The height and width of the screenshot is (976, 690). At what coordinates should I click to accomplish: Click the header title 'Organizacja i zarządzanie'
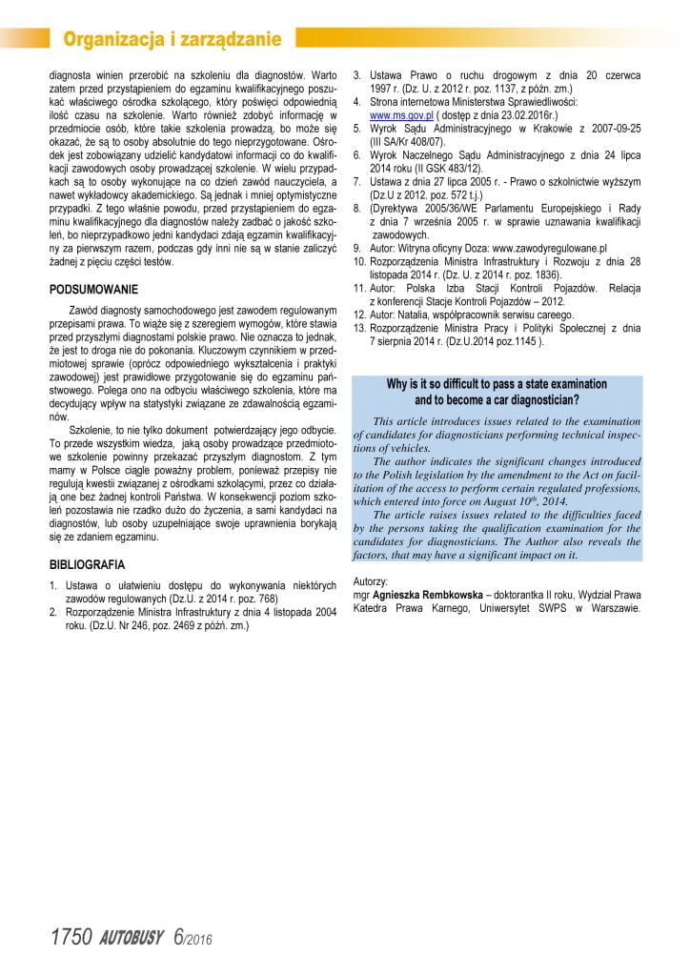coord(172,38)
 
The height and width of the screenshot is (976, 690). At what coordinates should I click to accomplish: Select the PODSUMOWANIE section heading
coord(93,289)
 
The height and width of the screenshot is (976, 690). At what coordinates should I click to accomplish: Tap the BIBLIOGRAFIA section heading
coord(88,565)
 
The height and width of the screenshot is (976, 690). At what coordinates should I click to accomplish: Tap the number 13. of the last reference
coord(360,327)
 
